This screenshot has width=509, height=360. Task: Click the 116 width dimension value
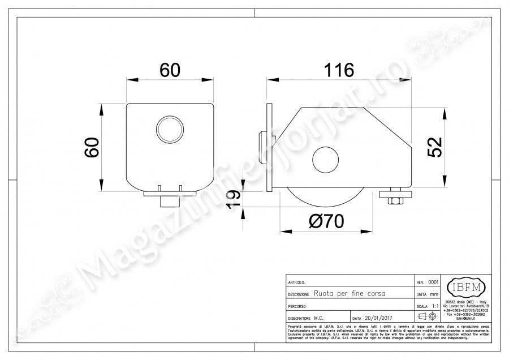tap(340, 70)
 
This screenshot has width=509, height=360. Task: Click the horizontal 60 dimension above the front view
tap(170, 70)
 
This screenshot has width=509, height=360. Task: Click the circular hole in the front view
tap(170, 129)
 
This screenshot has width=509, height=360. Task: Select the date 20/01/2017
tap(374, 318)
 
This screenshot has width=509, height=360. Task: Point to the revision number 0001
tap(433, 281)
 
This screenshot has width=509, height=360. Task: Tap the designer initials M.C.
tap(320, 318)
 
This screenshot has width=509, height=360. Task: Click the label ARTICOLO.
tap(297, 282)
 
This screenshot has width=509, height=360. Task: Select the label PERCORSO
tap(297, 306)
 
